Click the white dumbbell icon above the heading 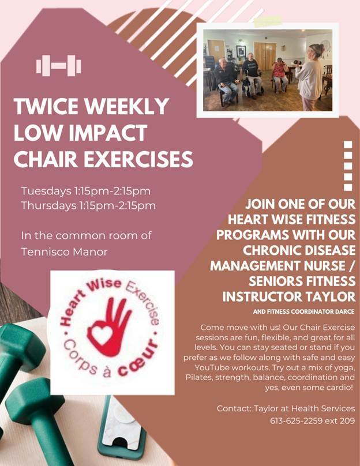59,66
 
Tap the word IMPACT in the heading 108,133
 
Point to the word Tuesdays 46,191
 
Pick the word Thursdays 49,206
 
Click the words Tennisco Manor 64,252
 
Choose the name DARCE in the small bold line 346,312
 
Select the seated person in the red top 280,75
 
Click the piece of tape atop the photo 268,21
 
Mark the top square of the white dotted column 348,144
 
